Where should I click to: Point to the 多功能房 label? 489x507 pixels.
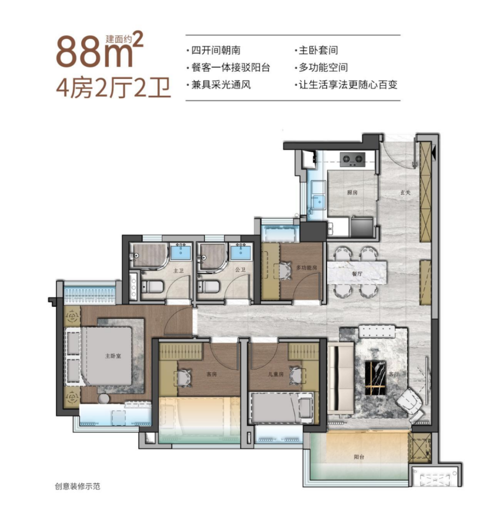[307, 267]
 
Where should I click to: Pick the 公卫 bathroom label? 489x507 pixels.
[239, 271]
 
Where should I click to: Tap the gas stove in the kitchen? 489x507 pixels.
[353, 158]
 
